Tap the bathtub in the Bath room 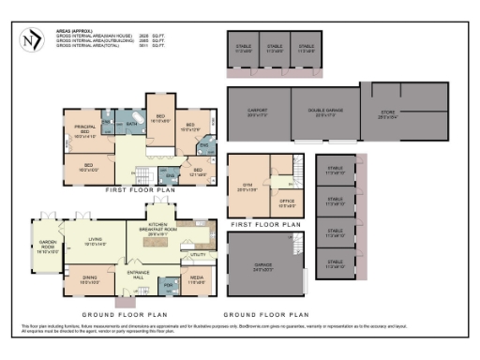coord(132,123)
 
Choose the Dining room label coord(90,278)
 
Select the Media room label coord(198,280)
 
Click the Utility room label coord(198,255)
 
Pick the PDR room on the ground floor coord(169,284)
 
